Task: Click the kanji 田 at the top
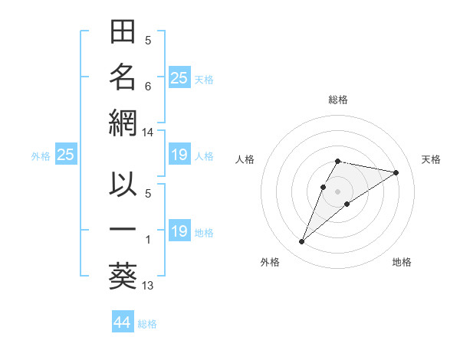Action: point(123,33)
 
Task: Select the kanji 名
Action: point(123,77)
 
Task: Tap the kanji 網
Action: point(123,122)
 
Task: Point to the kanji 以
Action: point(123,186)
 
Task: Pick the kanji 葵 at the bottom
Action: point(123,274)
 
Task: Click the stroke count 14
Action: point(148,133)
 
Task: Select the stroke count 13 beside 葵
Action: point(148,286)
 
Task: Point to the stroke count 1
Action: point(148,241)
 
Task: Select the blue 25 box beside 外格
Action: point(66,155)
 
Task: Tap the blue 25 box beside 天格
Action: point(179,77)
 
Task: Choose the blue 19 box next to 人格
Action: point(179,155)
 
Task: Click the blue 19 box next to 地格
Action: point(179,231)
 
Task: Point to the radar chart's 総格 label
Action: point(338,100)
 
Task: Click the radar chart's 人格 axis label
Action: point(245,159)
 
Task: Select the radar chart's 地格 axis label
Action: point(402,262)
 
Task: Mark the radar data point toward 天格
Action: point(396,172)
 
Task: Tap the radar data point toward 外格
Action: point(302,242)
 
